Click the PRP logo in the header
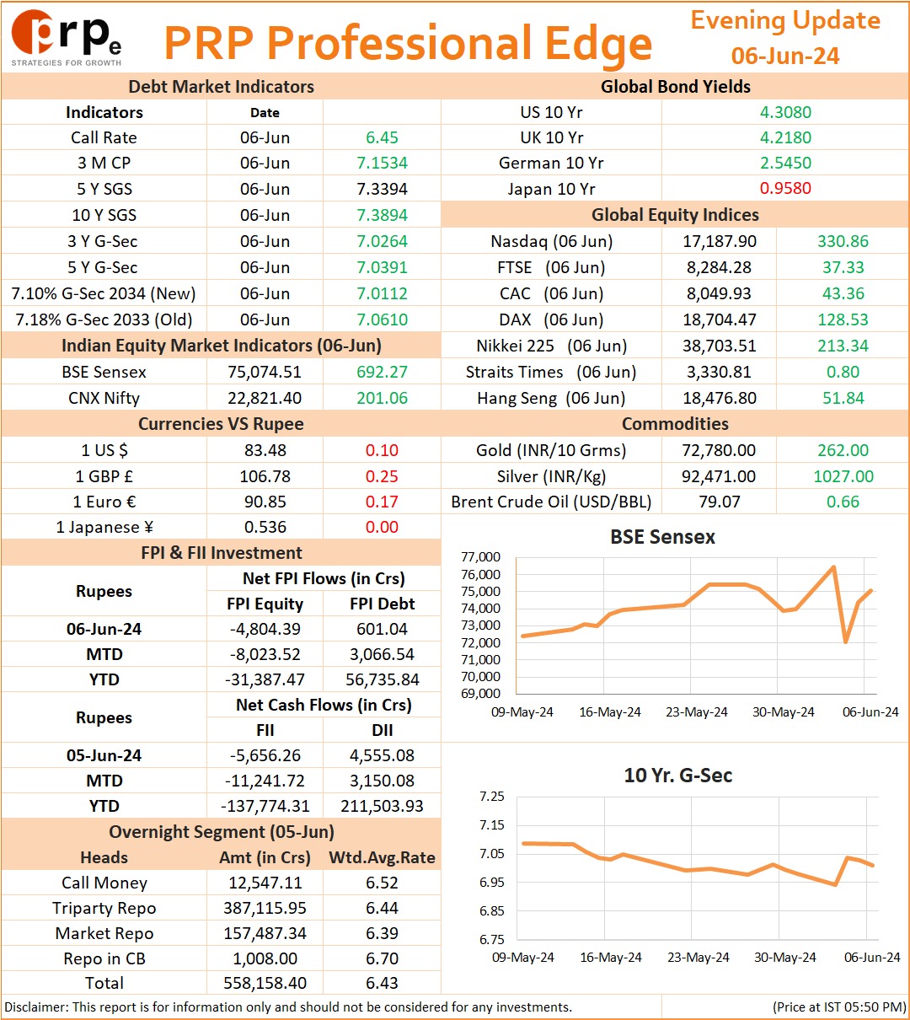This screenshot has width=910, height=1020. click(x=66, y=37)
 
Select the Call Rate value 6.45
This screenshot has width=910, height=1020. click(x=382, y=137)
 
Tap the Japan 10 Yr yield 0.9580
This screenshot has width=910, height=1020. click(x=785, y=188)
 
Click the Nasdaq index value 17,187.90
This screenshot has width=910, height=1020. click(x=719, y=241)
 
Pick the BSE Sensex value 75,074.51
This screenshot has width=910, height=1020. click(x=265, y=372)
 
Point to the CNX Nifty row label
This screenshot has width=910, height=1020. click(x=104, y=398)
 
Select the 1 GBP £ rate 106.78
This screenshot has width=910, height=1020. click(x=265, y=476)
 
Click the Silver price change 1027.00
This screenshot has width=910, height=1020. click(x=843, y=476)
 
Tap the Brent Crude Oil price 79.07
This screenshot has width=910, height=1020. click(x=720, y=502)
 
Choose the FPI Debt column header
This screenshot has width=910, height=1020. click(x=382, y=604)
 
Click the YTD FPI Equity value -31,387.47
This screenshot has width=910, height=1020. click(x=265, y=679)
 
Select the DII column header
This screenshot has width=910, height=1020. click(x=382, y=730)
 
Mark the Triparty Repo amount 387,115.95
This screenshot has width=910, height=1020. click(x=265, y=908)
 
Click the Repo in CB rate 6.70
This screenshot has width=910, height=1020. click(x=382, y=958)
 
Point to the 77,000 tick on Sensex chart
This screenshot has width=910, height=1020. click(x=480, y=557)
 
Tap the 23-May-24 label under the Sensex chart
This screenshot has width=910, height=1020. click(x=696, y=711)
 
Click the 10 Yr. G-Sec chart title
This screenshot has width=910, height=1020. click(x=677, y=776)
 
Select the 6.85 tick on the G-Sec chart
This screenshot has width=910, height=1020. click(x=491, y=910)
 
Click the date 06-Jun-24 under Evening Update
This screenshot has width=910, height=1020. click(x=784, y=56)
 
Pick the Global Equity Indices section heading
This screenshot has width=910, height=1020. click(x=674, y=215)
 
